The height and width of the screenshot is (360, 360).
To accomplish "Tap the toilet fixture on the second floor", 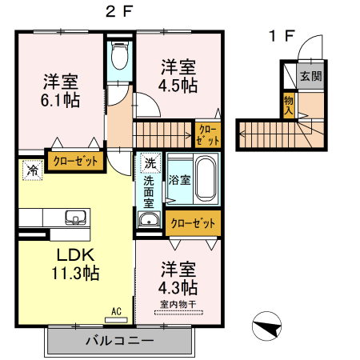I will (120, 56).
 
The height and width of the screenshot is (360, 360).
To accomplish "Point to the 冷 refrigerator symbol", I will (32, 170).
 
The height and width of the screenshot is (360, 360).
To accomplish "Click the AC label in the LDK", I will (116, 311).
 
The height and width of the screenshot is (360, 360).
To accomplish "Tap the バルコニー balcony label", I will (119, 341).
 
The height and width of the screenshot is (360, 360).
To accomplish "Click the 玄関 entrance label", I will (310, 77).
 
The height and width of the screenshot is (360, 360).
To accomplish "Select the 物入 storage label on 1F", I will (288, 105).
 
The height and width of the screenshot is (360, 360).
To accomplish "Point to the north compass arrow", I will (266, 328).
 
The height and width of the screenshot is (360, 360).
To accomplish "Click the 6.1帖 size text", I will (59, 98).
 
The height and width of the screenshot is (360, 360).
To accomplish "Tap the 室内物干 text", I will (177, 303).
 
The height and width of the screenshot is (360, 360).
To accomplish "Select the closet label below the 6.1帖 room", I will (76, 162).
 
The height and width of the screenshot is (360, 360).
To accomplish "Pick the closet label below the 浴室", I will (193, 223).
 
